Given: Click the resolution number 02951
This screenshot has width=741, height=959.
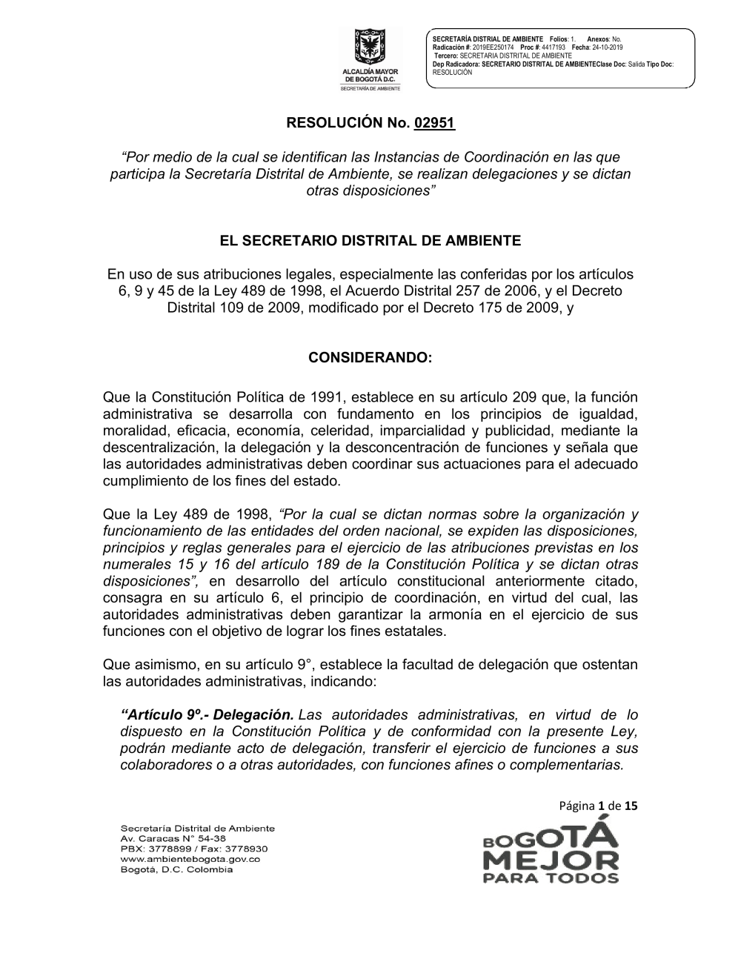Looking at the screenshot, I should point(435,123).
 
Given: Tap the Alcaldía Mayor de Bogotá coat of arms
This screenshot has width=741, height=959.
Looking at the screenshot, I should point(368,47).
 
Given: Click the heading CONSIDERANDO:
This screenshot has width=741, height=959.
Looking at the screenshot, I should point(370,357).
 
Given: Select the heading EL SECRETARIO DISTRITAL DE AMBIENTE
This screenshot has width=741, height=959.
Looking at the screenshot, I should point(370,241).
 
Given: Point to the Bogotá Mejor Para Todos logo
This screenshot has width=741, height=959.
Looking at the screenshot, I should point(551,852).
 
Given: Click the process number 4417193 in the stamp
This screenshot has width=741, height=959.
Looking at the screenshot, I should point(554,47).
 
